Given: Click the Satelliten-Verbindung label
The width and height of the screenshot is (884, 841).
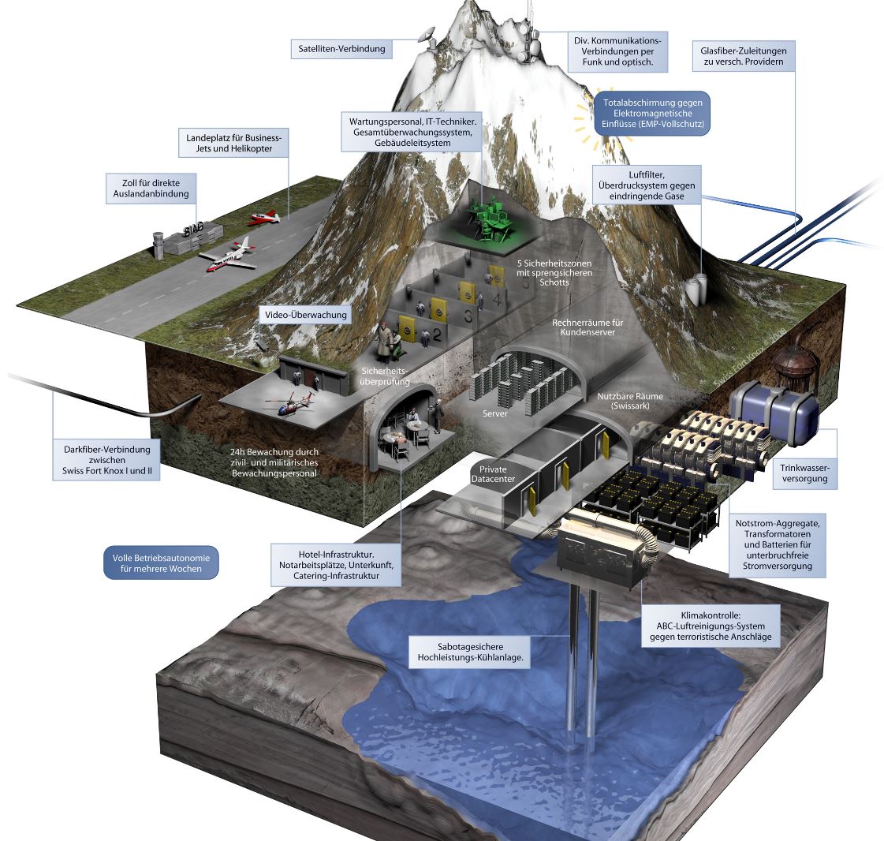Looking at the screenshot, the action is (x=341, y=49).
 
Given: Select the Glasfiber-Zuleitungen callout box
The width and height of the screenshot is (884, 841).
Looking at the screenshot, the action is (x=744, y=56).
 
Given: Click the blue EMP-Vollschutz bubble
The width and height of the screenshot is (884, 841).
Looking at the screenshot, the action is (x=652, y=114).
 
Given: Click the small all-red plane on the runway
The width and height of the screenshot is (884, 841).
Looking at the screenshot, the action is (x=264, y=217).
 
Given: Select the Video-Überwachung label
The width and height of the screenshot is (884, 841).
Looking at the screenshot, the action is (x=305, y=315).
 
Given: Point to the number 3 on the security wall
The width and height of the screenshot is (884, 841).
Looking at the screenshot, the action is (x=468, y=316).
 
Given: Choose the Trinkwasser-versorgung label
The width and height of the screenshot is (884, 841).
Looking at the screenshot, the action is (x=804, y=473).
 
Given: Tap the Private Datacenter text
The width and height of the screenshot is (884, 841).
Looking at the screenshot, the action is (x=494, y=474).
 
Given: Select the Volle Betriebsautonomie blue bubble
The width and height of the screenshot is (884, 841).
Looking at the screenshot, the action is (x=161, y=563).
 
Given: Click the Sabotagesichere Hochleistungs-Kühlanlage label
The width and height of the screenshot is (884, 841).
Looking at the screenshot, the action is (x=470, y=652).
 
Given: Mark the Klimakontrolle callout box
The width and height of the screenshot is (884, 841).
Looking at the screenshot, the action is (x=711, y=626).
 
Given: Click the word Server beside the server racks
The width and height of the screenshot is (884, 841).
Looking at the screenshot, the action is (x=495, y=413).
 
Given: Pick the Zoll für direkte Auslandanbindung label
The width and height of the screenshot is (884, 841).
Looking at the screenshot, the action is (x=151, y=189).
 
